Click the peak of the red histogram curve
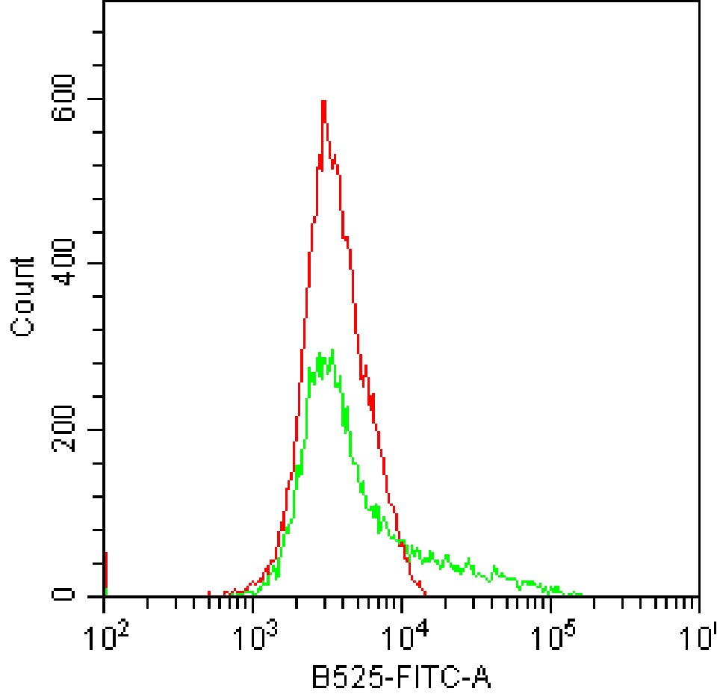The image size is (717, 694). [323, 102]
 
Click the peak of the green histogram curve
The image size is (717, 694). [331, 350]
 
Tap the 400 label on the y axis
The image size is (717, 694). [66, 263]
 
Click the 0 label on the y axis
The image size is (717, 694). [66, 595]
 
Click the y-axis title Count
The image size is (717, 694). [24, 297]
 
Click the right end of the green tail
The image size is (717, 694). [581, 595]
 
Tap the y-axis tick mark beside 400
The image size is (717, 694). [96, 263]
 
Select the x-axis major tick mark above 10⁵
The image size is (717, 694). [550, 604]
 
